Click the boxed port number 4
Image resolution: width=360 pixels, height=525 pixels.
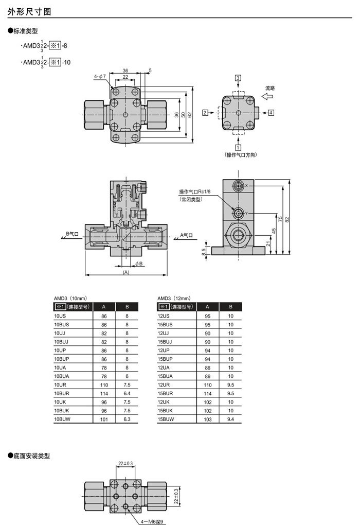click(x=271, y=112)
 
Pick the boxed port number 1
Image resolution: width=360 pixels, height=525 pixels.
click(x=238, y=147)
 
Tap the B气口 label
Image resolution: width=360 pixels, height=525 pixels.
click(x=72, y=234)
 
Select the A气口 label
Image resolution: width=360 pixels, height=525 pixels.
click(x=187, y=235)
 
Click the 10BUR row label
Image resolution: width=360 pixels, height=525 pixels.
click(x=61, y=393)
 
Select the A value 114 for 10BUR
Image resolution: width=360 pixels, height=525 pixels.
click(x=104, y=393)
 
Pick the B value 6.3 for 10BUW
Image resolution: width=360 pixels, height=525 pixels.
click(x=127, y=419)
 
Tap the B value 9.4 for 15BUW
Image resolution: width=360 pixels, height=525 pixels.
click(x=230, y=419)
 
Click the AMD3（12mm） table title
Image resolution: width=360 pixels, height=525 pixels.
click(x=174, y=298)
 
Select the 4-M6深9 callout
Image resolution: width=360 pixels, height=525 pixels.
click(x=152, y=521)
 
